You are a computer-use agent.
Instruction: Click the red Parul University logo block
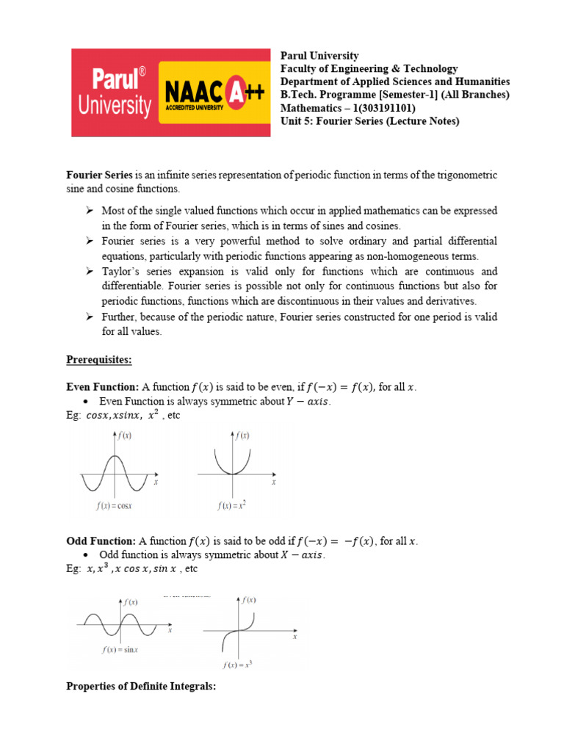click(x=114, y=93)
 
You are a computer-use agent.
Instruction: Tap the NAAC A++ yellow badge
click(x=213, y=93)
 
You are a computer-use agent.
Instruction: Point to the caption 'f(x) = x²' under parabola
click(x=233, y=506)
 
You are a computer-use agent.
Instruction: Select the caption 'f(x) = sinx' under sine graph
click(x=123, y=650)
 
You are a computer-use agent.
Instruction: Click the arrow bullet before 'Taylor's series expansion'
click(x=89, y=272)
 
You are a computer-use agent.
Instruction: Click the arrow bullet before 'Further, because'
click(x=89, y=317)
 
